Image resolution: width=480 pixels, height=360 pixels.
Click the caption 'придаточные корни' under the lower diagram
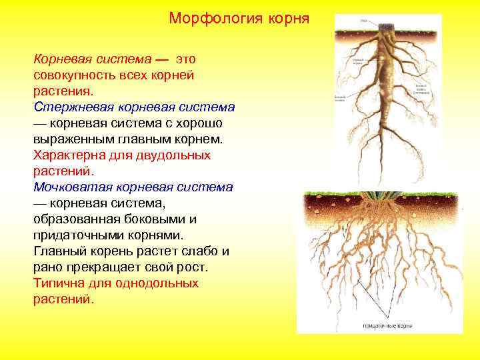(x=387, y=326)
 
